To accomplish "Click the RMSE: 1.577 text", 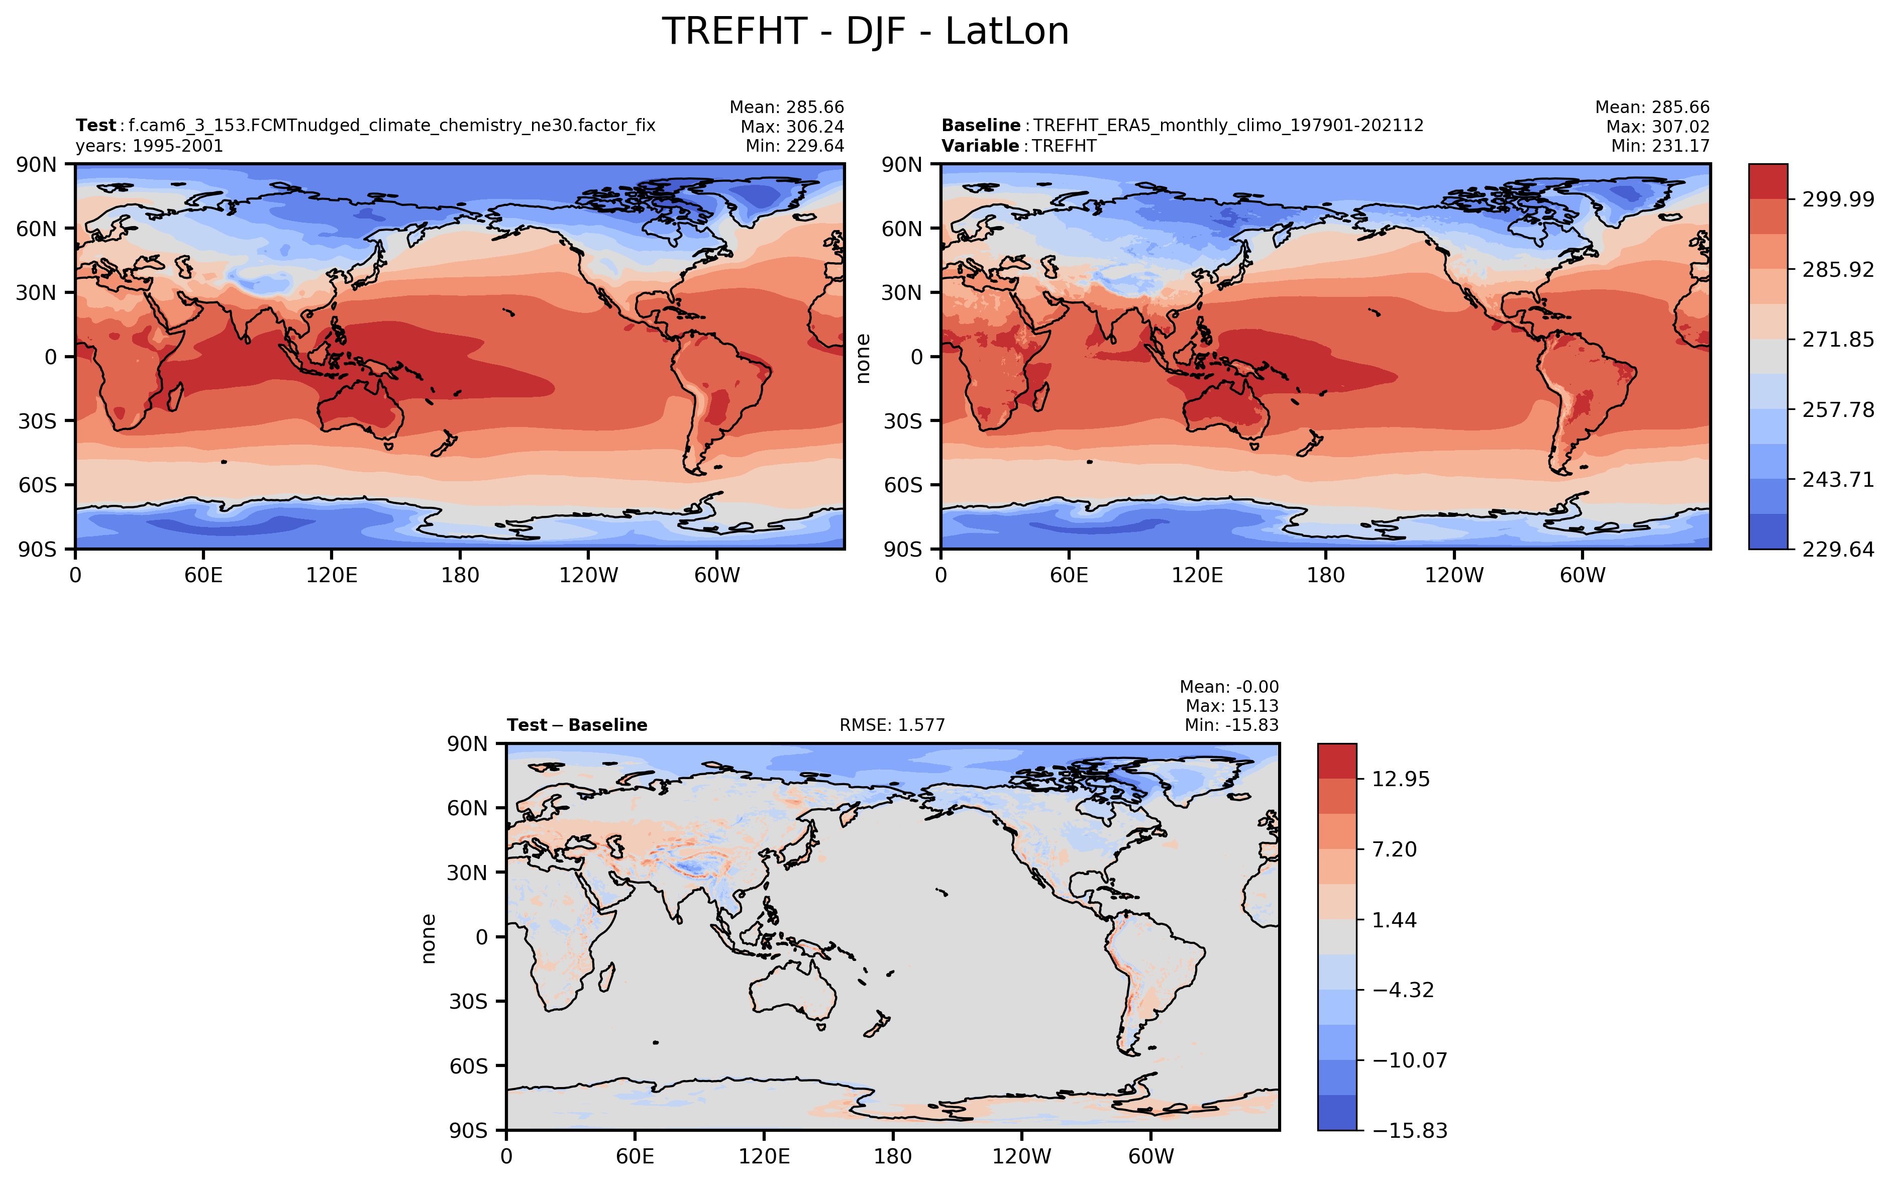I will [892, 725].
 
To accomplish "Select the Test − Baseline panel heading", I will [577, 725].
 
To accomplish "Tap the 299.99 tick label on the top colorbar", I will [1838, 199].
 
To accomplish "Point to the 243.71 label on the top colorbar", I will [1838, 480].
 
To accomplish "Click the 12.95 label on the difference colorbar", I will [1400, 779].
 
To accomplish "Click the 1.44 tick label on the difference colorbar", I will [1394, 920].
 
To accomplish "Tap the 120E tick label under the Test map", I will [332, 576].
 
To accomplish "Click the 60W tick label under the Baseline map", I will [1583, 576].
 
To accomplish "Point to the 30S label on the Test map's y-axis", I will [36, 421].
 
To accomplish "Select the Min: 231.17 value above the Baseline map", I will [1660, 146].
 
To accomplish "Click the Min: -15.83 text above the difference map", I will [1231, 725].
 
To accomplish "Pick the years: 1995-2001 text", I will [149, 146].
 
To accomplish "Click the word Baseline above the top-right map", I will [980, 125].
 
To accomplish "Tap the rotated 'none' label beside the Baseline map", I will [864, 358].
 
